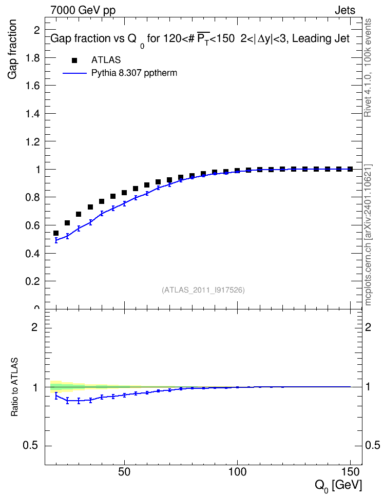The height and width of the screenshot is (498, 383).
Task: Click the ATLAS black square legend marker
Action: pyautogui.click(x=74, y=60)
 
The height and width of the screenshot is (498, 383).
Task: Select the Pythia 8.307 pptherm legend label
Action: pyautogui.click(x=134, y=73)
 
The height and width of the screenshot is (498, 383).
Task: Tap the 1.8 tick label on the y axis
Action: pyautogui.click(x=33, y=58)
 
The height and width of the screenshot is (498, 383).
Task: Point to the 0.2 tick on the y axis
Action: pyautogui.click(x=33, y=281)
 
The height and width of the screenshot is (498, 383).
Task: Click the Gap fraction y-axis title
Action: pyautogui.click(x=12, y=49)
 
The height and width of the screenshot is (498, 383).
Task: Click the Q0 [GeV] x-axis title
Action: pyautogui.click(x=338, y=486)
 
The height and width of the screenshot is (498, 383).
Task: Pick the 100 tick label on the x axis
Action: pyautogui.click(x=238, y=472)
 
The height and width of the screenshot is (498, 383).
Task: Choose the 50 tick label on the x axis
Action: pyautogui.click(x=124, y=472)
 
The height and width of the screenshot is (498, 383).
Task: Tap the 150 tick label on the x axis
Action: pyautogui.click(x=351, y=472)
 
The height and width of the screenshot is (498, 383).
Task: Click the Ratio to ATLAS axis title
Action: pyautogui.click(x=14, y=387)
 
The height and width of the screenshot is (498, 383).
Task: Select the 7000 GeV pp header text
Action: pyautogui.click(x=83, y=10)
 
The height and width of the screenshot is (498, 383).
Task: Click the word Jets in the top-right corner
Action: pyautogui.click(x=345, y=10)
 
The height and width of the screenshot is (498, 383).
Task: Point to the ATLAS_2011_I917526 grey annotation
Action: pyautogui.click(x=203, y=290)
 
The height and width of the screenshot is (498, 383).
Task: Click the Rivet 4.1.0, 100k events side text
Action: pyautogui.click(x=368, y=68)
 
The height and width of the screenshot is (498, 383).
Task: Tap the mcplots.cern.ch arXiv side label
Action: pyautogui.click(x=368, y=235)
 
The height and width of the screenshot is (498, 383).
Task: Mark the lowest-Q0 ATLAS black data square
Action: pyautogui.click(x=56, y=233)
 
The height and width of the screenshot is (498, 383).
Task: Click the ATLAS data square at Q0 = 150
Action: pyautogui.click(x=350, y=169)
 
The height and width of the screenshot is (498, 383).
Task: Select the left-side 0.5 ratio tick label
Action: pyautogui.click(x=30, y=446)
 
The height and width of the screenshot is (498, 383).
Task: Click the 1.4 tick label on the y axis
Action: pyautogui.click(x=33, y=114)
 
